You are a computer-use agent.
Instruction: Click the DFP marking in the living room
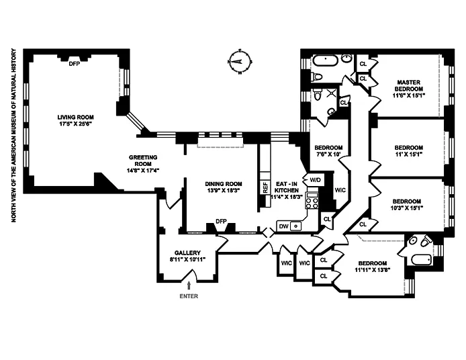[75, 64]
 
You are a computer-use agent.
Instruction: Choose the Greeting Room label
[143, 162]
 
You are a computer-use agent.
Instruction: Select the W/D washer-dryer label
[315, 180]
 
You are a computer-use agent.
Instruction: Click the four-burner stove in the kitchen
[312, 200]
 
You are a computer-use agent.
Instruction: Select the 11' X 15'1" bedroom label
[408, 150]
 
